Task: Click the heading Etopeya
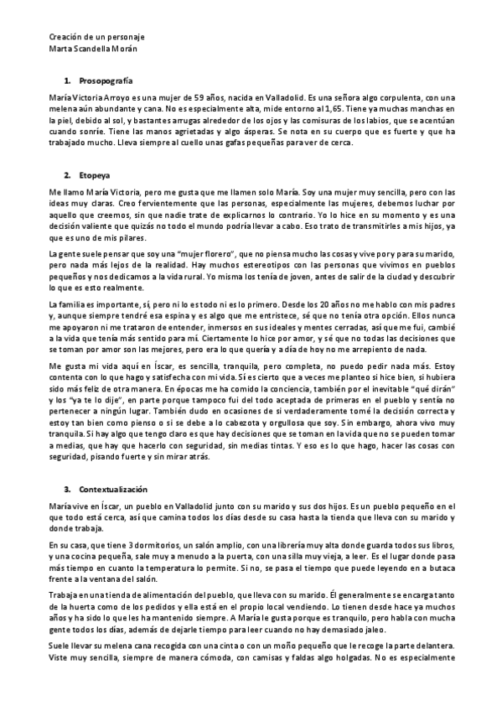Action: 94,176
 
